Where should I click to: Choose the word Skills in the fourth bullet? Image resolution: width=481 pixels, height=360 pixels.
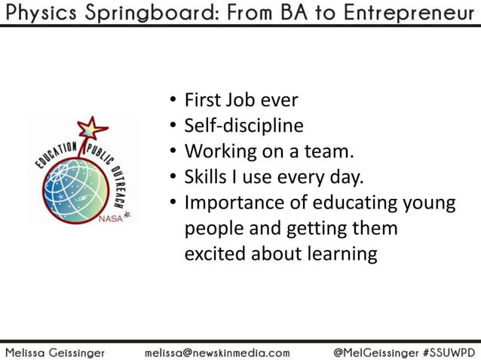tap(206, 177)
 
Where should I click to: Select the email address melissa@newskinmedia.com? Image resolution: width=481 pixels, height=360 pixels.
tap(216, 351)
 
